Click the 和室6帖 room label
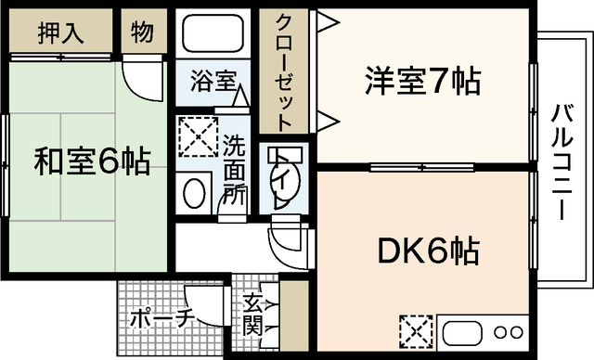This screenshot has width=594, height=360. (x=92, y=162)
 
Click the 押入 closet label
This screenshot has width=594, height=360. (x=61, y=34)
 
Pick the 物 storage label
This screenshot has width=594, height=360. (x=141, y=33)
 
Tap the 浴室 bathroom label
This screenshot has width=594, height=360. (x=213, y=81)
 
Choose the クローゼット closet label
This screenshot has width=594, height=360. (x=284, y=71)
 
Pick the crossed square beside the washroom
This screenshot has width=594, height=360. (x=197, y=137)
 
